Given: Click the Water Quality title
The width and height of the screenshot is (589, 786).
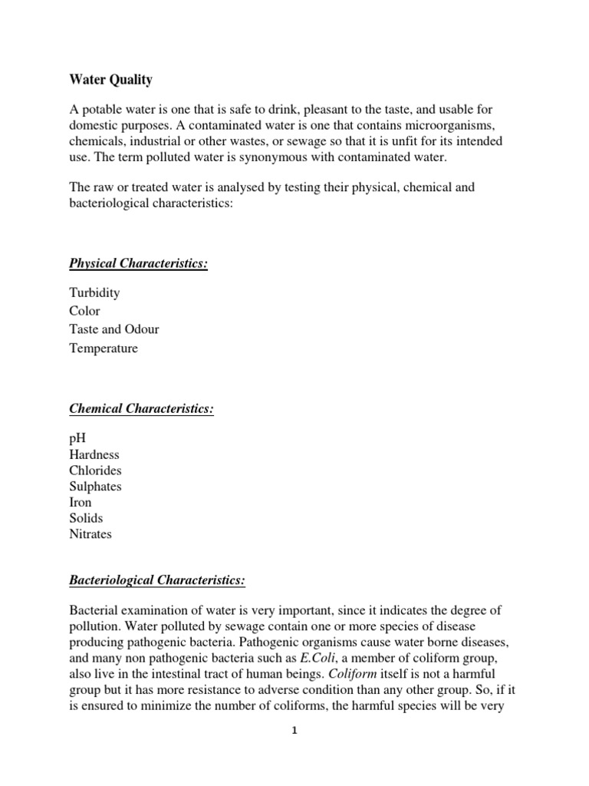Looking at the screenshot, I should (111, 80).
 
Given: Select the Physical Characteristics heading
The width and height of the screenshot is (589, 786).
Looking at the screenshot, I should (139, 264).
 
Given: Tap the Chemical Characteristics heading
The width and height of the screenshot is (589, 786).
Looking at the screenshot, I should (141, 409).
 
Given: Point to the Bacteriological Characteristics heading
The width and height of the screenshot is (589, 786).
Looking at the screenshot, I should (157, 581).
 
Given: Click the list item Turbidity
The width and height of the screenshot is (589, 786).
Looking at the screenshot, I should (94, 293).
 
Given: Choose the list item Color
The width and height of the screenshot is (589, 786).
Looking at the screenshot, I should (84, 312).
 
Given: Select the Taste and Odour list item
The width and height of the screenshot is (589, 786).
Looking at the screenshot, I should (114, 330).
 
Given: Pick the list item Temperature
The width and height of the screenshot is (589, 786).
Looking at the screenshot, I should (104, 348).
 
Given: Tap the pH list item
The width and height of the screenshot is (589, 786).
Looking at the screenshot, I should (77, 438).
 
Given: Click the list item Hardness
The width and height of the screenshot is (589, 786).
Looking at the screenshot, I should (94, 454).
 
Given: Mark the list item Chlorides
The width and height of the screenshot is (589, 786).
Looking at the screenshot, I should (95, 471).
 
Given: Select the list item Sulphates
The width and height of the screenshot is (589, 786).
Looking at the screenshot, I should (95, 487).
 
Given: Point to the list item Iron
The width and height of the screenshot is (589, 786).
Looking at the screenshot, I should (81, 503).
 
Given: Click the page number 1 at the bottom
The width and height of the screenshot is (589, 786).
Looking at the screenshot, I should (294, 732).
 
